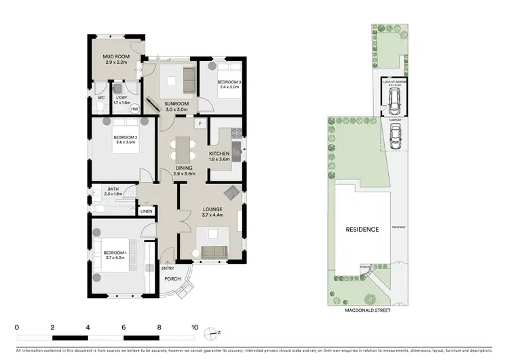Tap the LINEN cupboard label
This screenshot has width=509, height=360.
(146, 211)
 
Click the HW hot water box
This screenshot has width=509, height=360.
(134, 109)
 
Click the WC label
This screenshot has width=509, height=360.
(100, 98)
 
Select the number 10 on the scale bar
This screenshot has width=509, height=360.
(195, 327)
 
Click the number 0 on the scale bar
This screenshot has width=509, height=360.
(16, 327)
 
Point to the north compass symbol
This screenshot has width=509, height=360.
(215, 332)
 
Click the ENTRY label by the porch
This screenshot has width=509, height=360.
(168, 268)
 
